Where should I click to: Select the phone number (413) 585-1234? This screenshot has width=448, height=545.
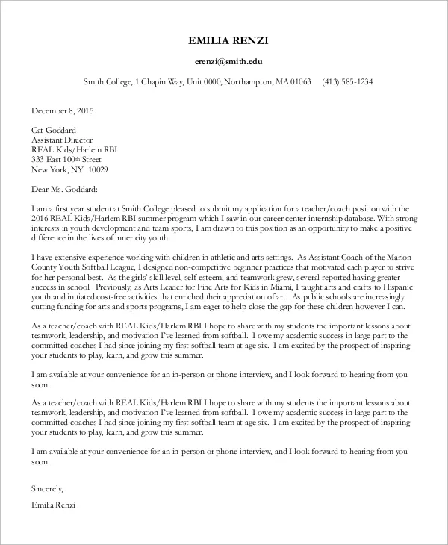(x=347, y=81)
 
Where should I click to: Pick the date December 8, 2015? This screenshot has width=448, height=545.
(x=63, y=110)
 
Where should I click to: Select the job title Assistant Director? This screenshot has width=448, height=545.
(x=62, y=140)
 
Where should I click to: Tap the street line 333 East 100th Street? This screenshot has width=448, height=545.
(x=66, y=159)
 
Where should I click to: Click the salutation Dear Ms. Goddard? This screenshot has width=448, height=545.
(x=65, y=189)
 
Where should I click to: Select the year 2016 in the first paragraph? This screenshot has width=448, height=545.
(x=40, y=218)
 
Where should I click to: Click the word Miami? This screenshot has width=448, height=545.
(x=258, y=286)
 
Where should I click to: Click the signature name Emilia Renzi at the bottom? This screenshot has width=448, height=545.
(x=53, y=505)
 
